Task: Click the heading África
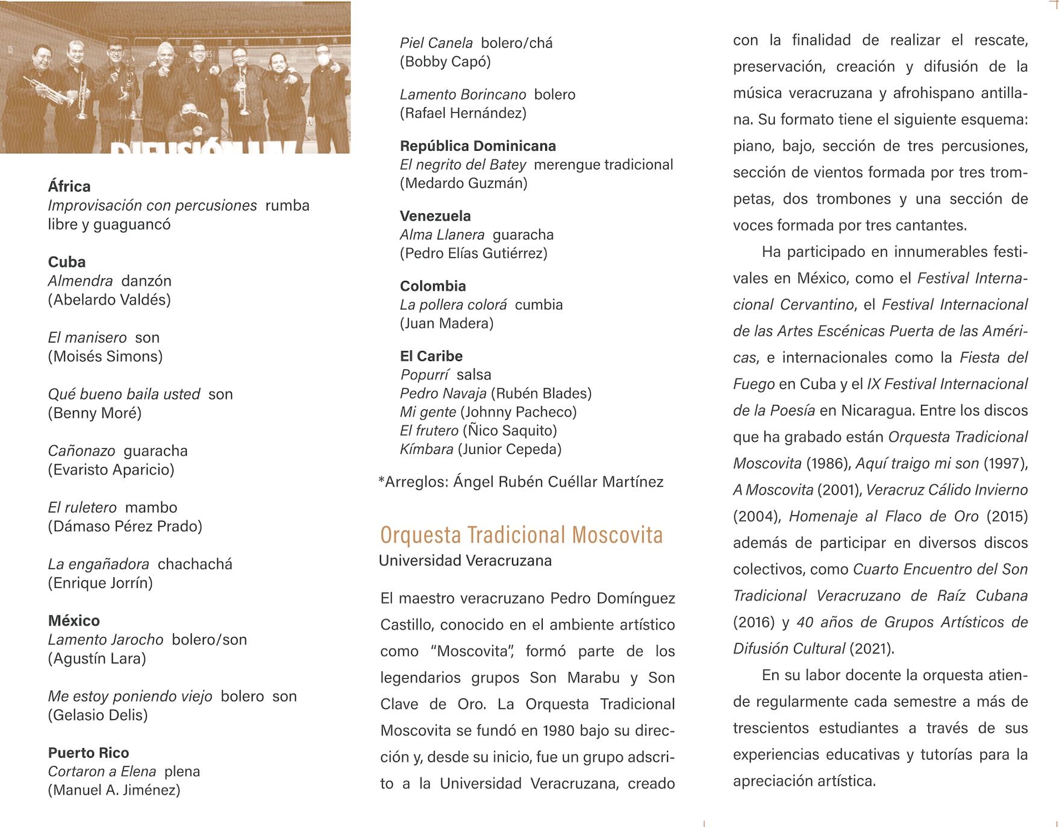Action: pos(69,187)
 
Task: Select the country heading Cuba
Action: pos(67,262)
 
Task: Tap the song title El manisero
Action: pos(87,338)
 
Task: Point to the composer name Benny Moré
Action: pos(95,413)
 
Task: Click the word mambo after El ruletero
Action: pos(151,508)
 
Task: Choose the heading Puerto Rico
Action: pos(89,753)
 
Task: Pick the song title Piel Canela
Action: pos(436,43)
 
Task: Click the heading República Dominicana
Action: pos(478,146)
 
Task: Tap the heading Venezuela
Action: pos(436,216)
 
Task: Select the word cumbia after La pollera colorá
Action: pos(539,305)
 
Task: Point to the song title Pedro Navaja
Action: pos(443,394)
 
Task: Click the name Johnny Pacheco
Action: pos(518,412)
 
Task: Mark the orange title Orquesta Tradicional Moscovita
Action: pos(521,535)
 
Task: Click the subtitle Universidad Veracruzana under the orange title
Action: pos(465,561)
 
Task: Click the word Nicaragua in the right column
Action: pos(876,411)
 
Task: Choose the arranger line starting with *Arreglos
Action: pos(521,482)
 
